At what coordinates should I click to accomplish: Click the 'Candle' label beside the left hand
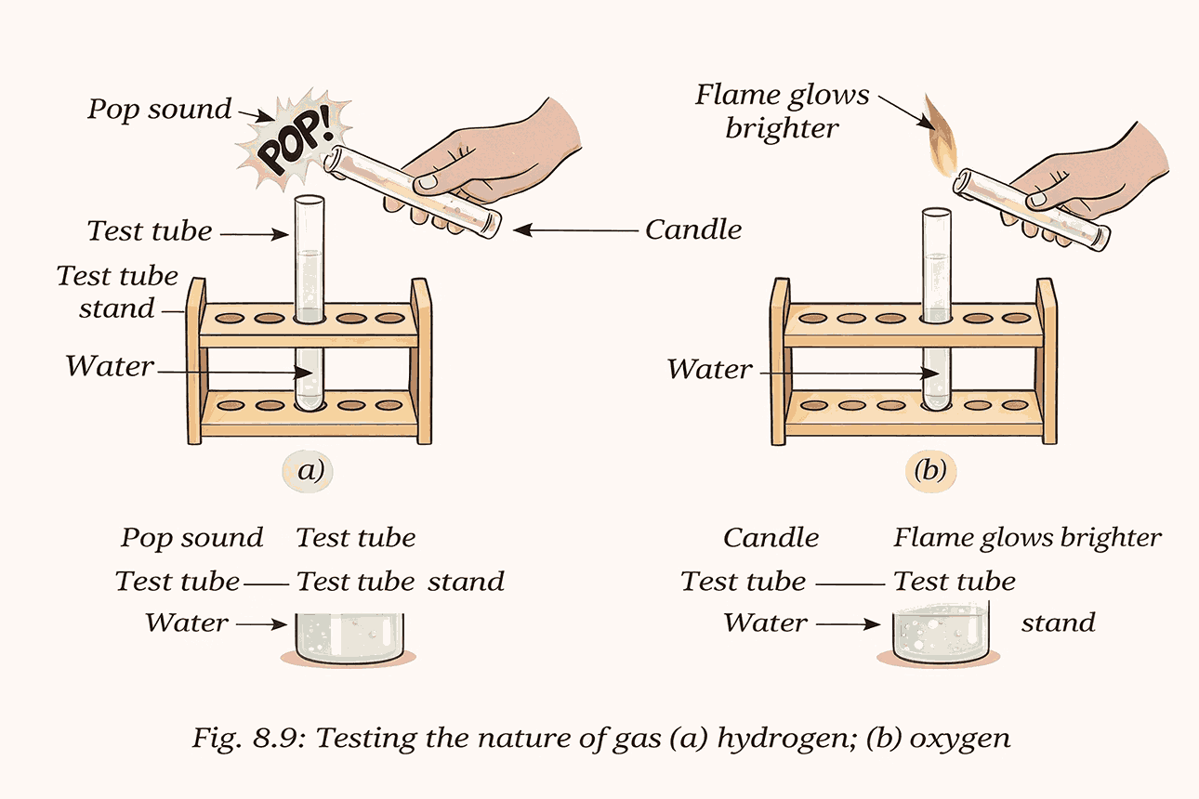[693, 229]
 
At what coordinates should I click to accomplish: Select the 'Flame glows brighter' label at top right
[783, 111]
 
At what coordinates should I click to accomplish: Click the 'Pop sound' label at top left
[159, 110]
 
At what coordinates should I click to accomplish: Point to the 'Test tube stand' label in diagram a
[117, 292]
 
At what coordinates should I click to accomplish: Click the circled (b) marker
[930, 471]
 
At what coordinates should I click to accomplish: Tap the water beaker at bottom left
[349, 637]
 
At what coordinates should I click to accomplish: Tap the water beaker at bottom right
[940, 637]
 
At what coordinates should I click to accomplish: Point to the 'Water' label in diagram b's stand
[709, 369]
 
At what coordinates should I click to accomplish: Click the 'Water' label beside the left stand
[109, 366]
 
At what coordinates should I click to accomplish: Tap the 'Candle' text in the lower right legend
[771, 538]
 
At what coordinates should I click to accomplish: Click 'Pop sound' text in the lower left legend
[191, 538]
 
